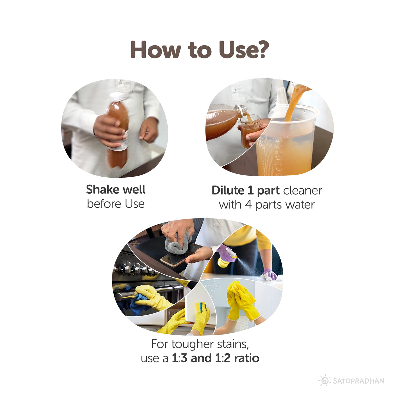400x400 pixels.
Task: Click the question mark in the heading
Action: [262, 50]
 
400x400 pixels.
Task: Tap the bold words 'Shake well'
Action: [116, 190]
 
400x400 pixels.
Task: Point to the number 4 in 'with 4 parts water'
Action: [248, 204]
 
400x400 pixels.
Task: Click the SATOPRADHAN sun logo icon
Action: [324, 381]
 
